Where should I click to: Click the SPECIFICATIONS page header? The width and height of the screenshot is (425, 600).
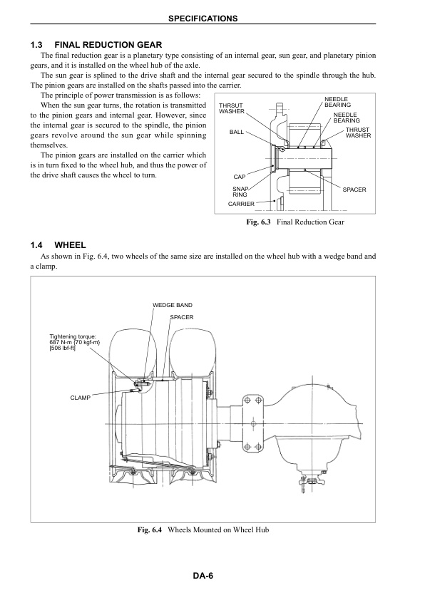(212, 16)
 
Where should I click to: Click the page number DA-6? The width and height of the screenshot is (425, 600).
(212, 577)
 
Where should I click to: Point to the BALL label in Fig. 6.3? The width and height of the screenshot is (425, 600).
(237, 132)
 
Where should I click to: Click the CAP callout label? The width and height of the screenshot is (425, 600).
(239, 176)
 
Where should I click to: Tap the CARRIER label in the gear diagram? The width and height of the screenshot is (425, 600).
(241, 204)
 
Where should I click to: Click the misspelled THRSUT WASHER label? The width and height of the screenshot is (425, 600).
(232, 108)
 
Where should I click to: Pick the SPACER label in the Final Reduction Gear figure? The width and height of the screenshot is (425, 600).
(354, 190)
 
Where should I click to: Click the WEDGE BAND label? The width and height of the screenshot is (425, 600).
(173, 305)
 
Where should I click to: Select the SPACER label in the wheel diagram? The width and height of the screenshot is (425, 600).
(182, 316)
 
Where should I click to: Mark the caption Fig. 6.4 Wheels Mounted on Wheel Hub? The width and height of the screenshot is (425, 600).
(212, 529)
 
